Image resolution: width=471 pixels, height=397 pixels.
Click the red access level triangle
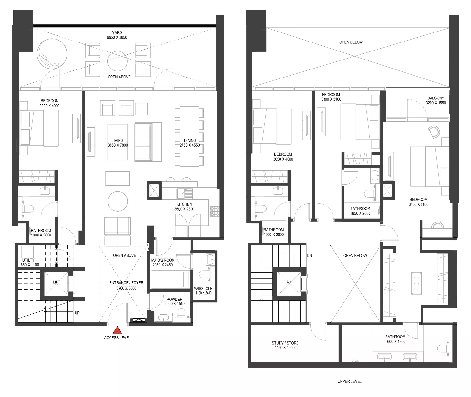pos(117,330)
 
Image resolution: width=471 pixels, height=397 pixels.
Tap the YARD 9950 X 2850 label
pos(117,35)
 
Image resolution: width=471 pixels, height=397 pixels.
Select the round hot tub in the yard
pos(52,53)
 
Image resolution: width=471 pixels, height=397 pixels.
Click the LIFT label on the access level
pos(57,282)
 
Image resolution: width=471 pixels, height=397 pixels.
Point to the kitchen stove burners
pos(214,211)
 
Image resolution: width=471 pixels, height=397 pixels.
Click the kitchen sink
pos(185,194)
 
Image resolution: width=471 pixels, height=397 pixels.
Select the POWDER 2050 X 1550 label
pos(174,301)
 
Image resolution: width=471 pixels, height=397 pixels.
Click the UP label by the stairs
pos(77,313)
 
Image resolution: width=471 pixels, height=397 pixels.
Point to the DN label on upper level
pos(309,255)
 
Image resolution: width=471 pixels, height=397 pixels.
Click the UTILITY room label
pos(29,262)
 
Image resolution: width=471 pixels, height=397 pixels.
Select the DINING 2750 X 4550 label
pos(190,143)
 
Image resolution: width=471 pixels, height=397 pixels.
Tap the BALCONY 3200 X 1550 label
pos(436,100)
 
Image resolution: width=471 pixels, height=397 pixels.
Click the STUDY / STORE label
pos(285,345)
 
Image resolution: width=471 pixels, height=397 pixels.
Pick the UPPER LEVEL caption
pos(350,381)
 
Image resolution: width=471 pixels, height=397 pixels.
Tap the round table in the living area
pos(118,201)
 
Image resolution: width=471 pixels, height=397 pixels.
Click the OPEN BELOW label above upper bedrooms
pos(351,42)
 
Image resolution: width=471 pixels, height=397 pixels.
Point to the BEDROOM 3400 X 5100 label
pos(418,202)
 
